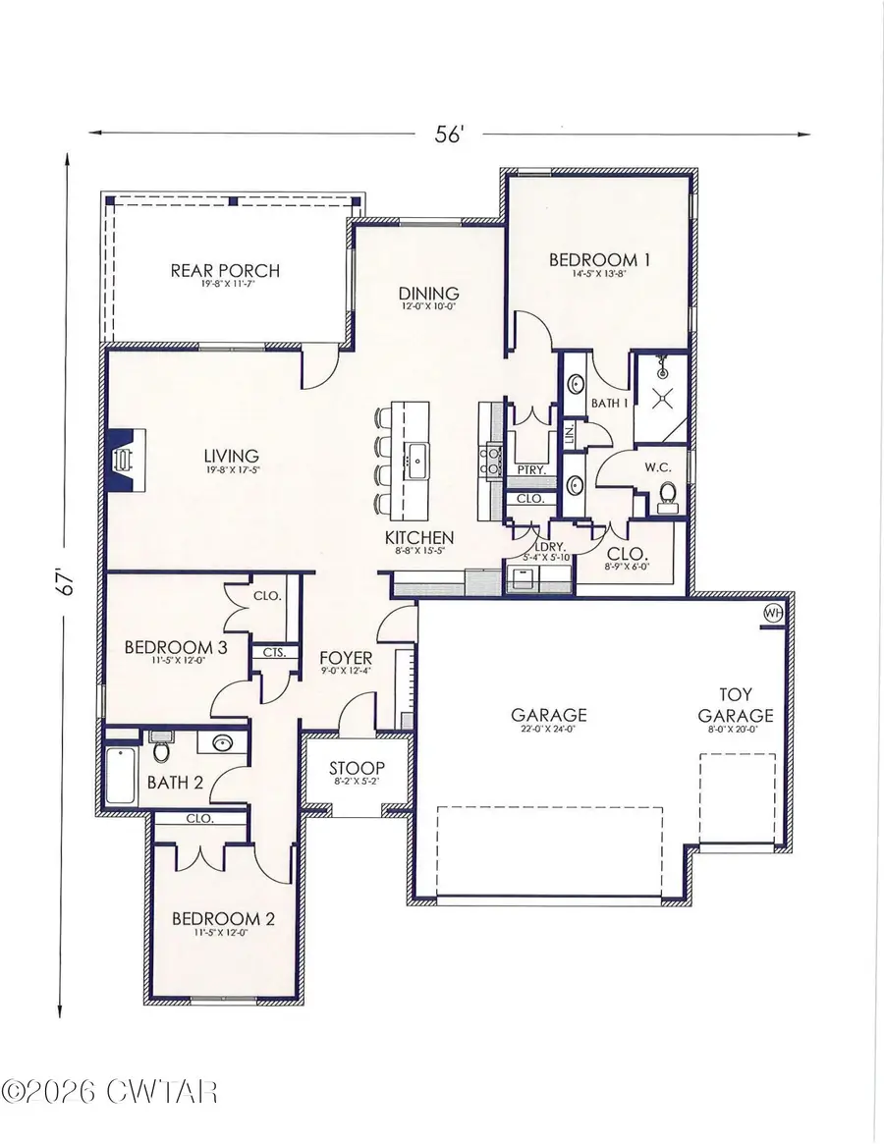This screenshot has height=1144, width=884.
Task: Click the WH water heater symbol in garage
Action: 774,612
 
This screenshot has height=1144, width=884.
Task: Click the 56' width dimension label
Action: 449,136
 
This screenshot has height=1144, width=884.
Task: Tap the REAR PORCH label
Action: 225,270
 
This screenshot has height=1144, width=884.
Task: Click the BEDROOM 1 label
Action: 599,260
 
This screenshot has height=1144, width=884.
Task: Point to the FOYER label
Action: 346,657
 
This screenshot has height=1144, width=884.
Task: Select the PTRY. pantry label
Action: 530,470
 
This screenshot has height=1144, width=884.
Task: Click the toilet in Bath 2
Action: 161,751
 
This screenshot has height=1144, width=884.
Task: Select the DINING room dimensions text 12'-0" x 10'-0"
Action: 429,306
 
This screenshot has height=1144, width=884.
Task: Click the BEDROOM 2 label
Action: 221,919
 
